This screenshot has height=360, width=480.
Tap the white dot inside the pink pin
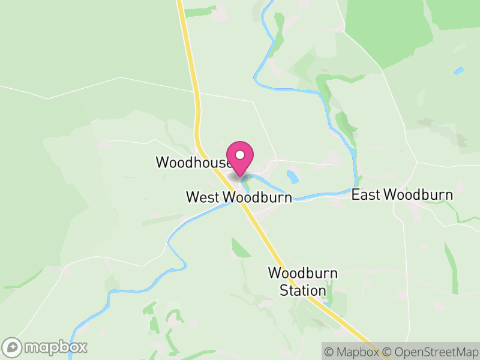click(x=241, y=155)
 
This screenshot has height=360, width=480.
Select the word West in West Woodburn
click(x=203, y=197)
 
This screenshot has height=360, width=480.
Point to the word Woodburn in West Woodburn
click(x=257, y=197)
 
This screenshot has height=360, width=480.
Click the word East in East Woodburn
click(x=365, y=195)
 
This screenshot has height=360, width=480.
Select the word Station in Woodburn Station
click(x=302, y=291)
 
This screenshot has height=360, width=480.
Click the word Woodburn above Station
click(x=302, y=274)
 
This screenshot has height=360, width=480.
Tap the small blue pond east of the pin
click(x=292, y=176)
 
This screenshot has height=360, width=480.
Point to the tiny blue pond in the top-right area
click(x=459, y=71)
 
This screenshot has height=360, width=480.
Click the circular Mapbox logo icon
click(x=12, y=347)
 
